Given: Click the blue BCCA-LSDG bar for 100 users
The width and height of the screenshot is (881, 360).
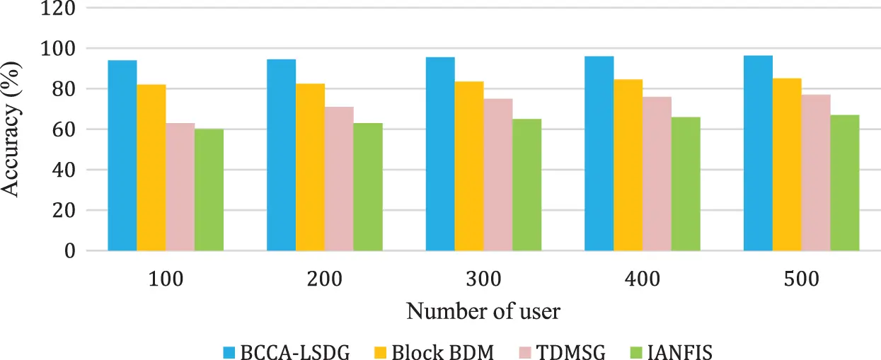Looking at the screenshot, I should (x=122, y=156).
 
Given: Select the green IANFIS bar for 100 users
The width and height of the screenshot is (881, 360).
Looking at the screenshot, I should (x=209, y=190).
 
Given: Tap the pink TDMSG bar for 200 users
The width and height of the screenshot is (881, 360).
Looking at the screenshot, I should (x=339, y=178).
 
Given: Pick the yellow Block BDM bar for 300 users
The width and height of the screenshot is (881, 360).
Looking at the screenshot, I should (x=468, y=166).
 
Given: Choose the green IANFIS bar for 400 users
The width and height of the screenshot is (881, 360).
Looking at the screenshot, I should (x=686, y=184).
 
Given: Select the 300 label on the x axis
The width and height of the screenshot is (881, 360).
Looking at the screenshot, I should (x=483, y=279).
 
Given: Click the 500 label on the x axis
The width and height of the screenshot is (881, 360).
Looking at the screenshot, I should (x=801, y=279).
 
